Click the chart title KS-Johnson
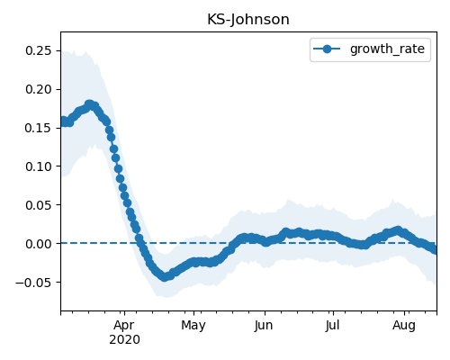coord(248,20)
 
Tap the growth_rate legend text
coord(387,49)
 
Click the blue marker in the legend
coord(327,49)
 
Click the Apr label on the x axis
coord(124,325)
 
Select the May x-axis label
coord(193,325)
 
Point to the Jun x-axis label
coord(264,325)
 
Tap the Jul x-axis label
coord(333,325)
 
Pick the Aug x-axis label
coord(404,325)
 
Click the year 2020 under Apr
coord(124,339)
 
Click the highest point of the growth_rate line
coord(89,104)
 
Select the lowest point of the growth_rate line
coord(164,277)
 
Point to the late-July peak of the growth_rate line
coord(398,230)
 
